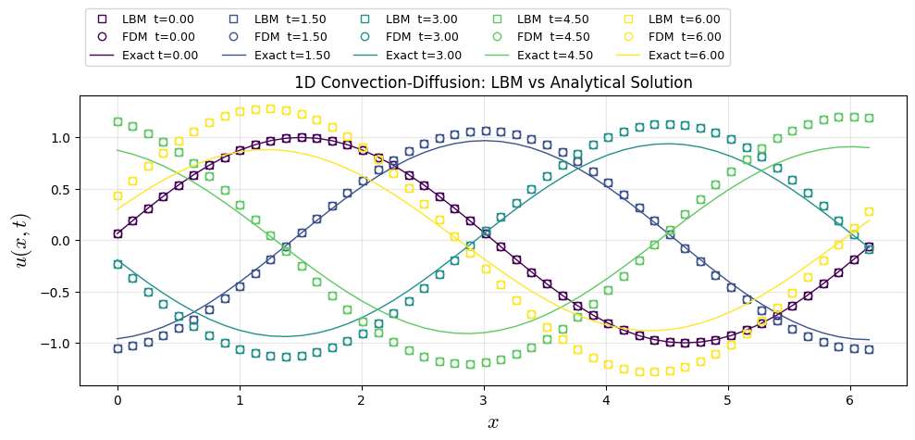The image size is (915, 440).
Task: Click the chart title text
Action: pos(493,82)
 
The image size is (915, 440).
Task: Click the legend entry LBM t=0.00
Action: pos(147,19)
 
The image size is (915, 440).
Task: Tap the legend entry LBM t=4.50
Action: pos(542,19)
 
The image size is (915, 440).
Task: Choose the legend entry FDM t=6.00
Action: pos(674,37)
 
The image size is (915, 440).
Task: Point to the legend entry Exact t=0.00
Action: pos(148,56)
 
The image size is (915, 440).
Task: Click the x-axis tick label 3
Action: pos(484,400)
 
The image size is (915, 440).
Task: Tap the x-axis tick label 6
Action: pos(850,400)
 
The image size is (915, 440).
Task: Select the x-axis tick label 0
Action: pos(117,400)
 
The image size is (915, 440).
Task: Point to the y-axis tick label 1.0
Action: pos(57,138)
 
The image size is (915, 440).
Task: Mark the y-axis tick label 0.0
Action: pos(57,241)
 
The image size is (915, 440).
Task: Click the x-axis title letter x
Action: pos(493,422)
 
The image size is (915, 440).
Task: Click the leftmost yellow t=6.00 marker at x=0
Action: pos(117,196)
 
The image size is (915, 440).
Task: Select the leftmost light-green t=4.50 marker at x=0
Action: pos(117,121)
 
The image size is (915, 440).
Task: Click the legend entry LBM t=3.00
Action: pos(411,19)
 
